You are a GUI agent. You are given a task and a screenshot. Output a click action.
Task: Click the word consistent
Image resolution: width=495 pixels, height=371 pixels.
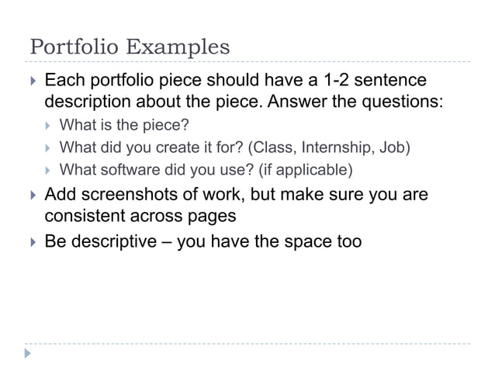coord(88,215)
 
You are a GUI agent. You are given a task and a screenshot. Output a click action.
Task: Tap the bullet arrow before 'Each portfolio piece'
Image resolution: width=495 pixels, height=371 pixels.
coord(31,81)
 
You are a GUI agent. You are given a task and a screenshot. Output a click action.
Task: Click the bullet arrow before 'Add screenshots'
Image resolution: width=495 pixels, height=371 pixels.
coord(31,195)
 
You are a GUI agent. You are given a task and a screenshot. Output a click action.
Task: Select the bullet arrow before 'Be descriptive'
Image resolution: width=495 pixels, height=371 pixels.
coord(31,242)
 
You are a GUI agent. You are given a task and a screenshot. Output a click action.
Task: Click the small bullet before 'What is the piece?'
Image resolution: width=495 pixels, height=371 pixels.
coord(48,126)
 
